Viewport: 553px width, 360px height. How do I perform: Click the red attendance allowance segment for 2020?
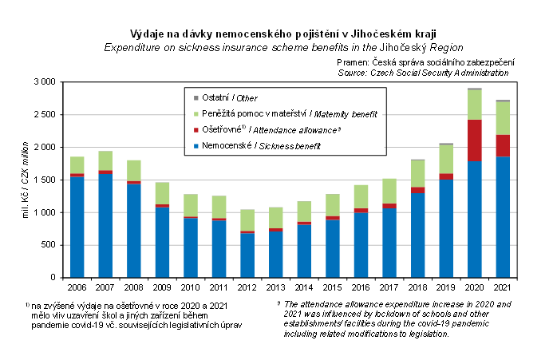(475, 140)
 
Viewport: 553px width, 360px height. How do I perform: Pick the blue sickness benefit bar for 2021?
(502, 216)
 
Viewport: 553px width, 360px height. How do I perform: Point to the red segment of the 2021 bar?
(502, 145)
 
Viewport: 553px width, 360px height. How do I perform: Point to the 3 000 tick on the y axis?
(45, 82)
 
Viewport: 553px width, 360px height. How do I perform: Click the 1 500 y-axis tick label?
(45, 180)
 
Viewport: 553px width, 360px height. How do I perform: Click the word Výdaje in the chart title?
(148, 34)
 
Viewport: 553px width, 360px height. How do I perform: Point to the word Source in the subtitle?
(354, 72)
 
